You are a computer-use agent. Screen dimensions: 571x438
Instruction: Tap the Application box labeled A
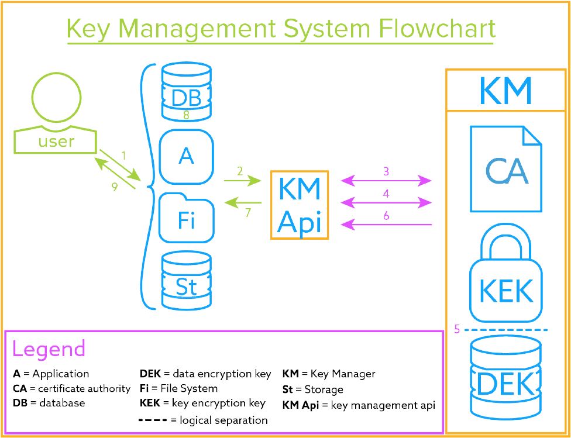[186, 157]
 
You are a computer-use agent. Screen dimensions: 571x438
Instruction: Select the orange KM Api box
[300, 205]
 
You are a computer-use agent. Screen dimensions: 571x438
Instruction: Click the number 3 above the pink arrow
[386, 171]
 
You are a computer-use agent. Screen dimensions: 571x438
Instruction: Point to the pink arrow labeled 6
[386, 225]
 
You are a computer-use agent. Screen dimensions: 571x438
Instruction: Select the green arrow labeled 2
[243, 180]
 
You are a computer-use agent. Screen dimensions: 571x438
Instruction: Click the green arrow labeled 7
[243, 202]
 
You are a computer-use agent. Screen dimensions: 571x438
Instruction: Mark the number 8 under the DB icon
[186, 115]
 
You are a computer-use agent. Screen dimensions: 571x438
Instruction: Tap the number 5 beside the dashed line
[458, 329]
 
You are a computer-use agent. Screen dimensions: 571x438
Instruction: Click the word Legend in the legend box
[49, 349]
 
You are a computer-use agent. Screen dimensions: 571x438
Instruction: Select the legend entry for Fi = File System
[179, 388]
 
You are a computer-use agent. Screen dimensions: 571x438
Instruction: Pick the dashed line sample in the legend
[153, 420]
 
